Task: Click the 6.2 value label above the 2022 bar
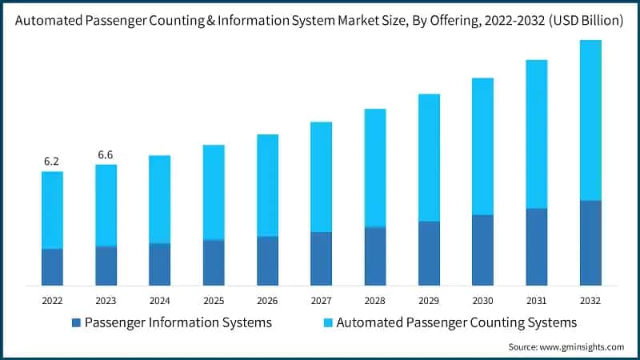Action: [52, 161]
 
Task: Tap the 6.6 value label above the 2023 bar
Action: [106, 154]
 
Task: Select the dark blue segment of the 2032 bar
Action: [590, 242]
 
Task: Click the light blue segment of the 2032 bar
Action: [590, 120]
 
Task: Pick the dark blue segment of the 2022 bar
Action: [52, 266]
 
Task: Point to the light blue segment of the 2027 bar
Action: [321, 177]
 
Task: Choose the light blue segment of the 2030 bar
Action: [482, 146]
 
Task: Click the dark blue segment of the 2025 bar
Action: [214, 262]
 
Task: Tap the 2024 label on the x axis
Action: [159, 300]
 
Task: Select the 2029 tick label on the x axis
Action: [429, 300]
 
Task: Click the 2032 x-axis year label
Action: [590, 300]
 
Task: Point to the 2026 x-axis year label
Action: [267, 300]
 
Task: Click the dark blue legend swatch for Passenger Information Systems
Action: [76, 323]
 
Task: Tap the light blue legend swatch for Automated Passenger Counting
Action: [328, 323]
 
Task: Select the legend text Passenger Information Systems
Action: [178, 323]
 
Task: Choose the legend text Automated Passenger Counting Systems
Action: [457, 323]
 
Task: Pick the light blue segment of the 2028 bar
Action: [374, 168]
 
